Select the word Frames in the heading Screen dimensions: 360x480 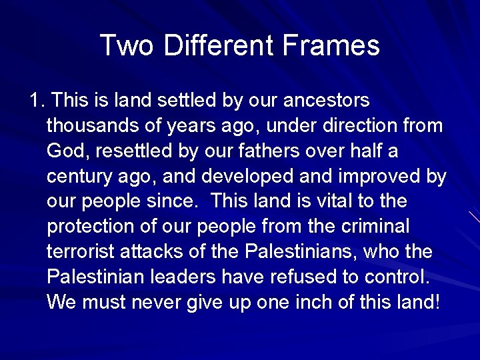[x=331, y=45]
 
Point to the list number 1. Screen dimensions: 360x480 [x=36, y=101]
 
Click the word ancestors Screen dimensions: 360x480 [x=327, y=101]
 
